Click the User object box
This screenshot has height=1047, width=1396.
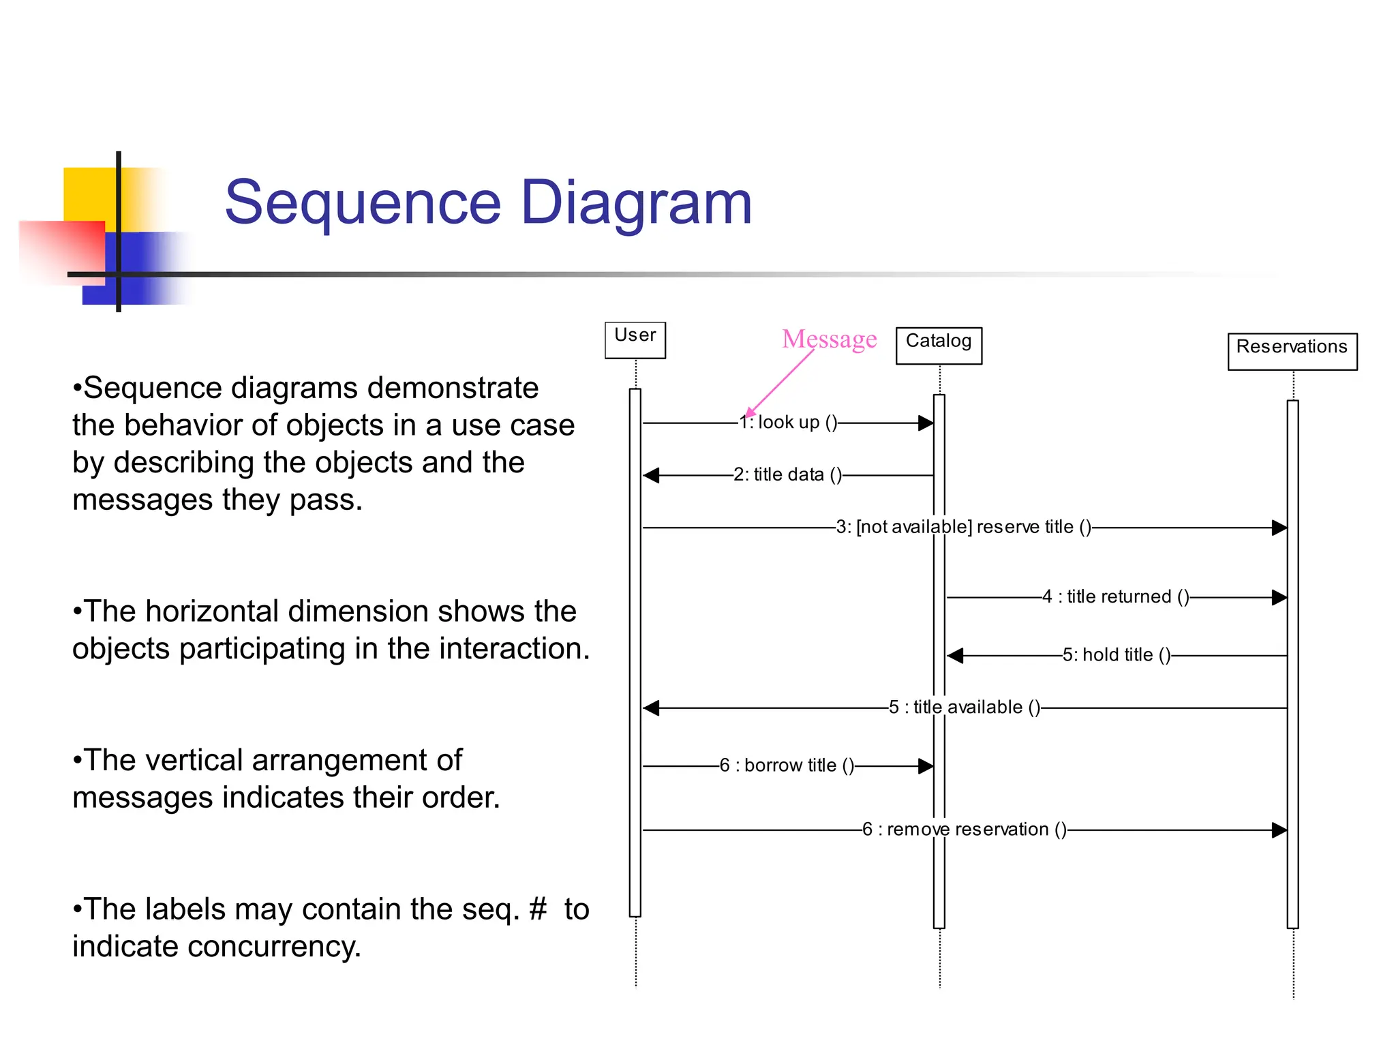pyautogui.click(x=635, y=339)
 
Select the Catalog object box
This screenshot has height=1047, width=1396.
pyautogui.click(x=938, y=345)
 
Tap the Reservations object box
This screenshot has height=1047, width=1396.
pyautogui.click(x=1292, y=351)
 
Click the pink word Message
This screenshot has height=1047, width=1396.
pyautogui.click(x=829, y=339)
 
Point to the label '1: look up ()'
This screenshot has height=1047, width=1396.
pyautogui.click(x=789, y=423)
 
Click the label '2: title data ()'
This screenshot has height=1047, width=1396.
pyautogui.click(x=787, y=474)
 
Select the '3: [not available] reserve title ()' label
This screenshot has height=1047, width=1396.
pyautogui.click(x=963, y=527)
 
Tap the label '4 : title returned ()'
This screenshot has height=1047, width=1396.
pyautogui.click(x=1115, y=596)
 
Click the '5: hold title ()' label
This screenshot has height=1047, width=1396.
pyautogui.click(x=1116, y=655)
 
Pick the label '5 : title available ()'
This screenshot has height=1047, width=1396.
pyautogui.click(x=964, y=708)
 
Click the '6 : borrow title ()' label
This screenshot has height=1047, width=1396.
pyautogui.click(x=787, y=765)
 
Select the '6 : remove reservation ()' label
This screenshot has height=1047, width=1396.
pyautogui.click(x=964, y=830)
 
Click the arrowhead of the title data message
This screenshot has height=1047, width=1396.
pyautogui.click(x=651, y=475)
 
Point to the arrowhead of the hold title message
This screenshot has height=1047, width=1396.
pyautogui.click(x=955, y=656)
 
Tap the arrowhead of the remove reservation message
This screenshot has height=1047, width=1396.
pyautogui.click(x=1279, y=830)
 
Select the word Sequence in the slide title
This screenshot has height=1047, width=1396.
pyautogui.click(x=363, y=202)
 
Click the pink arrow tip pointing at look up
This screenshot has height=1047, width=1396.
pyautogui.click(x=748, y=414)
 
